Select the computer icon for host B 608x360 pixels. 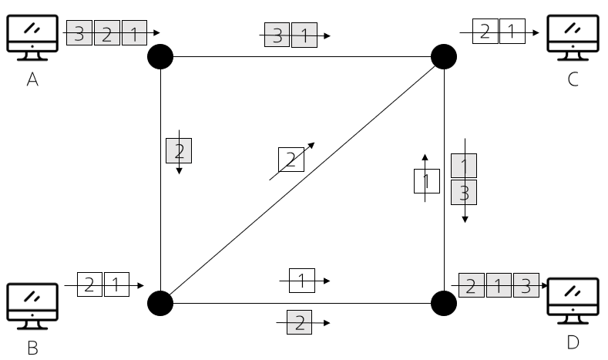pyautogui.click(x=32, y=304)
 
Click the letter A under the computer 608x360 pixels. pyautogui.click(x=32, y=79)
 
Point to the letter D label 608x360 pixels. pyautogui.click(x=573, y=341)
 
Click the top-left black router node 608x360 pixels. pyautogui.click(x=160, y=56)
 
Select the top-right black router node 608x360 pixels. pyautogui.click(x=444, y=56)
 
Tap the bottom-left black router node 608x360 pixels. pyautogui.click(x=160, y=303)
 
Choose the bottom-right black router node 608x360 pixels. pyautogui.click(x=444, y=303)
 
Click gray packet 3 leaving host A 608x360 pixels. pyautogui.click(x=79, y=34)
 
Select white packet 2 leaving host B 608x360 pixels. pyautogui.click(x=89, y=284)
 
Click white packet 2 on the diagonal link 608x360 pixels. pyautogui.click(x=291, y=160)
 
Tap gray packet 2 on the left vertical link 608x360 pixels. pyautogui.click(x=179, y=150)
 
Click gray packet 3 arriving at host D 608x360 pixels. pyautogui.click(x=526, y=285)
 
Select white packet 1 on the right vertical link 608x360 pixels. pyautogui.click(x=426, y=182)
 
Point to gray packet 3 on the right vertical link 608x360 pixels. pyautogui.click(x=464, y=193)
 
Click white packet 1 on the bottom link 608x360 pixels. pyautogui.click(x=302, y=281)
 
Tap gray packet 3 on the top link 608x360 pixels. pyautogui.click(x=277, y=35)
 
